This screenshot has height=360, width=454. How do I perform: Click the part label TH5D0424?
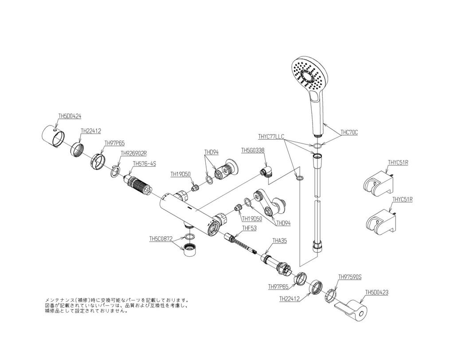[70, 116]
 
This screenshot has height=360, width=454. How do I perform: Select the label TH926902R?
[133, 153]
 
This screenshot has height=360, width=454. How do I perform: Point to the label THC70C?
[349, 132]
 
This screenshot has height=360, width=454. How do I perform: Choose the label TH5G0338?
[253, 150]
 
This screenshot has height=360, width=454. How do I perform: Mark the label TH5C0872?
[160, 239]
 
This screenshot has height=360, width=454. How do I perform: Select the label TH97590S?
[350, 277]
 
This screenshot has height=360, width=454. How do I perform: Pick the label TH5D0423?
[377, 292]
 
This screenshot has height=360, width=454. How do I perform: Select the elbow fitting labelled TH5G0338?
[265, 171]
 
